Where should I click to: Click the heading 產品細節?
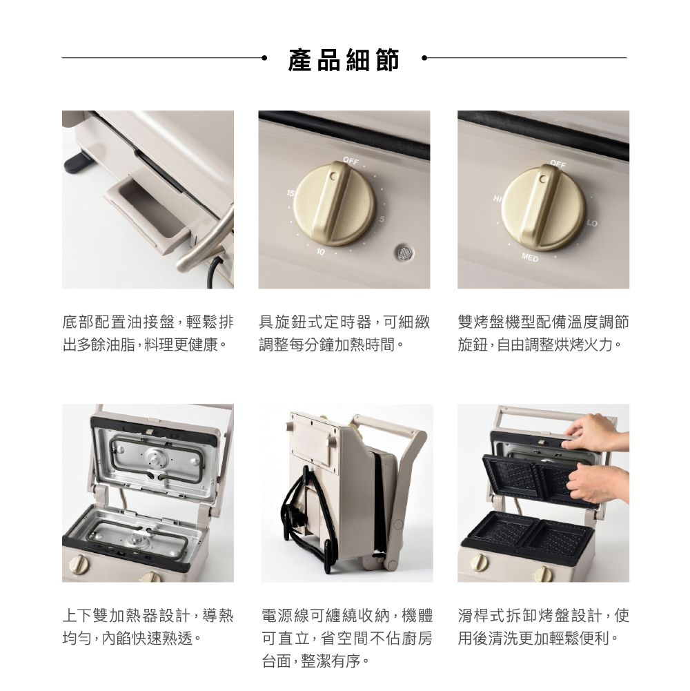[x=344, y=59]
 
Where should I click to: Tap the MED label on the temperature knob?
[x=530, y=257]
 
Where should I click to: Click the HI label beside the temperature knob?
[x=497, y=199]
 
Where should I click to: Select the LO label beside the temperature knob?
[x=592, y=224]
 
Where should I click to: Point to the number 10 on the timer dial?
[x=320, y=252]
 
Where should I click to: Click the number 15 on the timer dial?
[x=290, y=193]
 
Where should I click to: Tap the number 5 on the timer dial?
[x=382, y=219]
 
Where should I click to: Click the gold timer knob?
[x=335, y=203]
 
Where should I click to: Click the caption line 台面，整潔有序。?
[x=316, y=661]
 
